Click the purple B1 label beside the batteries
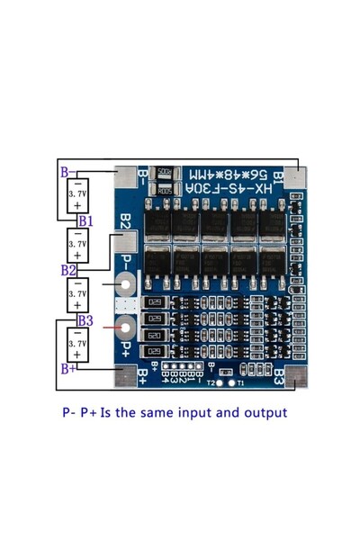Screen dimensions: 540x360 [x=85, y=220]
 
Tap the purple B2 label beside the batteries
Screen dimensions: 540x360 [x=68, y=270]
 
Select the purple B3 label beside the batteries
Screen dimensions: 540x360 [x=85, y=319]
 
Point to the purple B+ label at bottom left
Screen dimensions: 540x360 [x=68, y=368]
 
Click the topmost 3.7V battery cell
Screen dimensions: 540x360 [x=77, y=194]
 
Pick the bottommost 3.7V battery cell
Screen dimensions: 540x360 [x=77, y=344]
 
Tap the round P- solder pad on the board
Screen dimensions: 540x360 [x=126, y=285]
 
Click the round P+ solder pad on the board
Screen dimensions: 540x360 [x=126, y=327]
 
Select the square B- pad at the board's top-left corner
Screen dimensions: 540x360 [x=126, y=176]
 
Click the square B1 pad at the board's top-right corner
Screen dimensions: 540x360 [x=295, y=177]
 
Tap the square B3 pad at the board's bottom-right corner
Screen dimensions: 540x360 [x=295, y=377]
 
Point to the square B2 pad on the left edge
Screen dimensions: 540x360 [x=126, y=241]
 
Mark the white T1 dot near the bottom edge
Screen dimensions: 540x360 [x=232, y=382]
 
